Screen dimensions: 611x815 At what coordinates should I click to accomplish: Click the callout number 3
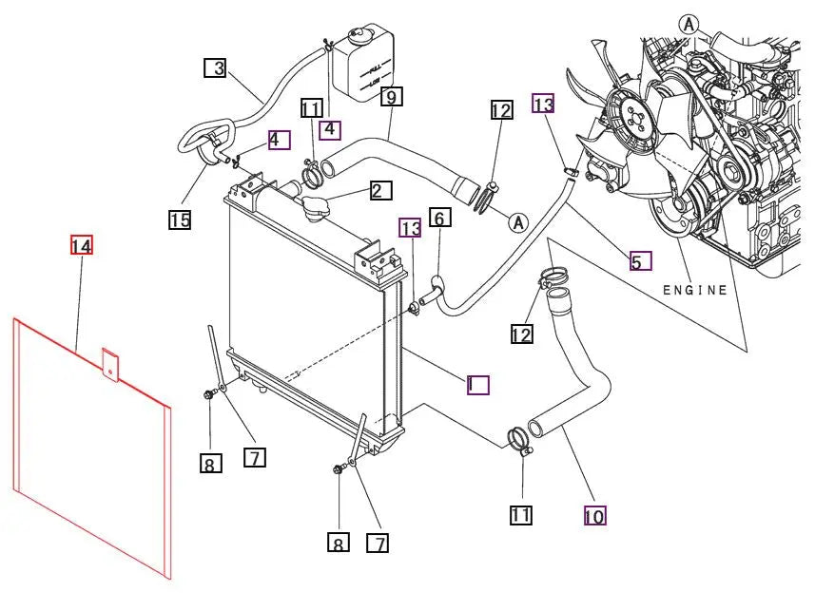pos(218,67)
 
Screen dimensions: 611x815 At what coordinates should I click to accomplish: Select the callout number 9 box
pos(392,95)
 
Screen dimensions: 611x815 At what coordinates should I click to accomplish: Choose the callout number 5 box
pos(640,259)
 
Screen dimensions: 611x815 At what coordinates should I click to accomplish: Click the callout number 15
pos(180,220)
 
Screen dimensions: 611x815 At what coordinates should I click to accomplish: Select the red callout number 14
pos(82,245)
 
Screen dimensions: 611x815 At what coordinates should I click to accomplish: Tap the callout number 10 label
pos(594,516)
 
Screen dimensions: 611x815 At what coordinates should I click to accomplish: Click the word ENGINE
pos(694,290)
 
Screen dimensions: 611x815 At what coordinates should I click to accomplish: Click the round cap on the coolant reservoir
pos(360,36)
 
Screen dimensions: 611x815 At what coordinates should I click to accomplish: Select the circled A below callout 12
pos(517,222)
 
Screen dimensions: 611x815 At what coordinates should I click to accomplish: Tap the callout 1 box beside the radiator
pos(477,384)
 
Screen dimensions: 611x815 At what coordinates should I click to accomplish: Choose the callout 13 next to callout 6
pos(410,228)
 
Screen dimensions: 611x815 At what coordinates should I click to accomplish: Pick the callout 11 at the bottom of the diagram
pos(520,515)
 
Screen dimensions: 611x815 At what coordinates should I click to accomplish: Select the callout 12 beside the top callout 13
pos(501,110)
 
